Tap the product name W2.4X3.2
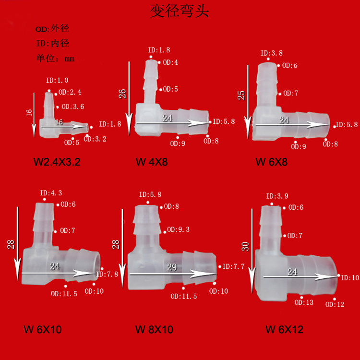pyautogui.click(x=57, y=162)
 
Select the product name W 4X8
pyautogui.click(x=152, y=162)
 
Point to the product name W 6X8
pyautogui.click(x=271, y=162)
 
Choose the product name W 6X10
pyautogui.click(x=43, y=330)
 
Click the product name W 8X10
pyautogui.click(x=154, y=330)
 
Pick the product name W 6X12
pyautogui.click(x=284, y=330)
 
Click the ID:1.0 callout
pyautogui.click(x=57, y=81)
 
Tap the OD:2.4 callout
pyautogui.click(x=70, y=93)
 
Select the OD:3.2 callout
pyautogui.click(x=95, y=139)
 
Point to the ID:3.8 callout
pyautogui.click(x=271, y=54)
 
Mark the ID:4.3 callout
pyautogui.click(x=51, y=193)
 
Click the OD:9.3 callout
pyautogui.click(x=178, y=230)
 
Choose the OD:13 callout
pyautogui.click(x=304, y=302)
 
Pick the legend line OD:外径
pyautogui.click(x=52, y=29)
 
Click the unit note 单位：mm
pyautogui.click(x=55, y=59)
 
